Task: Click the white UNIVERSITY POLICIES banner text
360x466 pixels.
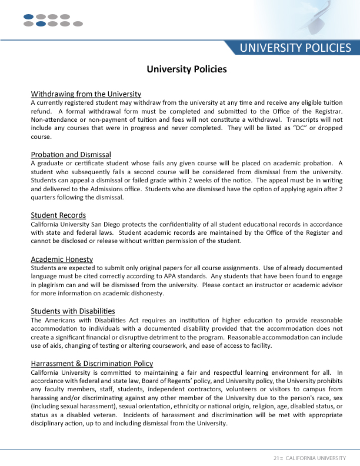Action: point(295,48)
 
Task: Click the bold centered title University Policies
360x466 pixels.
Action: point(186,69)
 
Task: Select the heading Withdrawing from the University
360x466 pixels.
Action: point(86,94)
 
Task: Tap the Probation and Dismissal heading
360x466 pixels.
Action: point(71,155)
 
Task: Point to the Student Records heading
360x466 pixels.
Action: point(58,215)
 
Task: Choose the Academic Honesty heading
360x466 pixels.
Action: point(62,259)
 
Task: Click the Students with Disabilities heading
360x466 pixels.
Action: point(73,311)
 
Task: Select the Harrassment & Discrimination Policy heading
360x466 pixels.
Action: point(92,363)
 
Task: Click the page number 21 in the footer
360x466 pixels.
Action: point(276,458)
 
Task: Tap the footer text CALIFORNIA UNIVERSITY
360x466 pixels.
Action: point(315,458)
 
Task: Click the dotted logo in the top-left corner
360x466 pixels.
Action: point(53,21)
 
